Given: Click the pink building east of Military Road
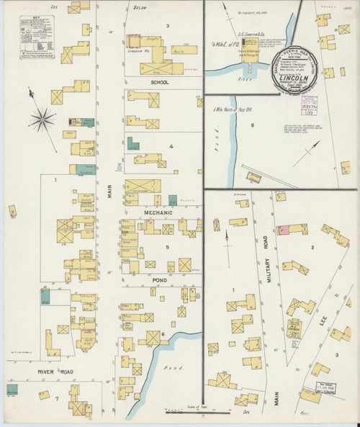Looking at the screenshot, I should (x=283, y=230).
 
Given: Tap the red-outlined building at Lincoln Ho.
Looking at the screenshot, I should (x=135, y=42).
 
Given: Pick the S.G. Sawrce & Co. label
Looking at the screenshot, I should (x=245, y=42).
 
